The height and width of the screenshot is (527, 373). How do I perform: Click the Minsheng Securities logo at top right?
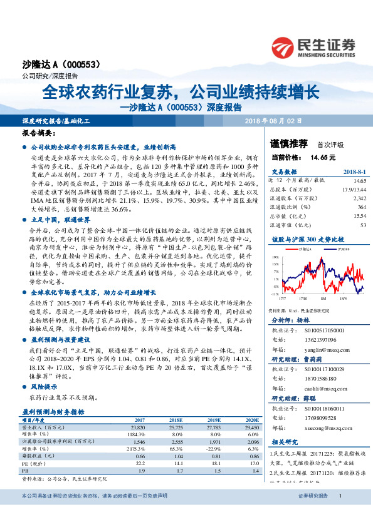click(x=313, y=47)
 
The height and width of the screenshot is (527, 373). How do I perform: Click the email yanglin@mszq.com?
click(x=323, y=351)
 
